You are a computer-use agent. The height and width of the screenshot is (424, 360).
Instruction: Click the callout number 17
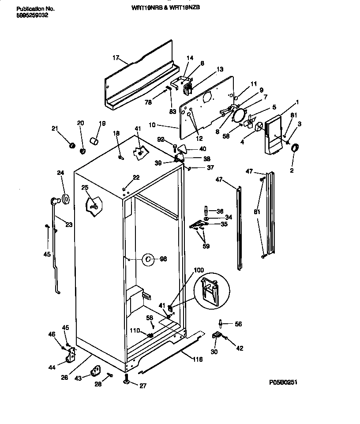tap(116, 58)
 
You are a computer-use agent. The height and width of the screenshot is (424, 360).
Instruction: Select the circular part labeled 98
tap(148, 259)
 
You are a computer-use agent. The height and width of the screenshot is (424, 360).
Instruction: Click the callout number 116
tap(197, 360)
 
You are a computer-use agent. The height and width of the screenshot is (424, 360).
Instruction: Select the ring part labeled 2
tap(294, 148)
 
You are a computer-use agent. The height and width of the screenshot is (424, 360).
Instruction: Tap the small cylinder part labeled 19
tap(94, 140)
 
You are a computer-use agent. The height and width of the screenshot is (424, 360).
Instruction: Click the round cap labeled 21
tap(72, 145)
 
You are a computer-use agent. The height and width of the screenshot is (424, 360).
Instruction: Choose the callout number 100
tap(199, 270)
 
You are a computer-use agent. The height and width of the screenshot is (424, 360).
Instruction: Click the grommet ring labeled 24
tap(65, 200)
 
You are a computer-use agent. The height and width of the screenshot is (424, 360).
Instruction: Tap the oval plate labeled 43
tap(95, 371)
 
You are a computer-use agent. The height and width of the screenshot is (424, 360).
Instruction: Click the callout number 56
tap(238, 324)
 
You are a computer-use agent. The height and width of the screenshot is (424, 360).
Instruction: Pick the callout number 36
tap(220, 211)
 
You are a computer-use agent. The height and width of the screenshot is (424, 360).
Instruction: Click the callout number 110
tap(135, 330)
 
